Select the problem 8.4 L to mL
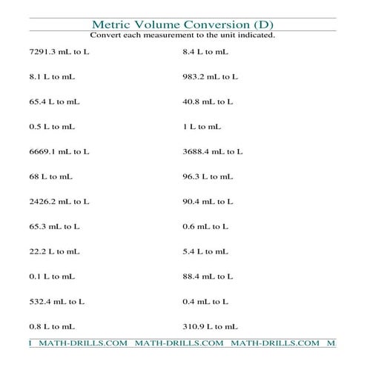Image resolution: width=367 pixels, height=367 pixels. (x=205, y=51)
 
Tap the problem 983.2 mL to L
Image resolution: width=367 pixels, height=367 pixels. (x=210, y=76)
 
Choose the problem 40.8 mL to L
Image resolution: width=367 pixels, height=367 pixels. (x=208, y=102)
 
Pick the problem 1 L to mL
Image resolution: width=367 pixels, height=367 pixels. (x=202, y=127)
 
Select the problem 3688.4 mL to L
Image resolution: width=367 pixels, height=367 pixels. (x=213, y=151)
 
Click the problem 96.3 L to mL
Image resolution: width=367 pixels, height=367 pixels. (x=208, y=176)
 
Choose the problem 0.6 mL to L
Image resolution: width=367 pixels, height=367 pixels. (x=205, y=226)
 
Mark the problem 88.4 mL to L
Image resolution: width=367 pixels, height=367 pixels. (x=208, y=276)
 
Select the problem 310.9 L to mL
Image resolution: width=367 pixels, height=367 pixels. (x=210, y=325)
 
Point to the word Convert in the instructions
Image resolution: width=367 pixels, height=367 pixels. (x=106, y=35)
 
